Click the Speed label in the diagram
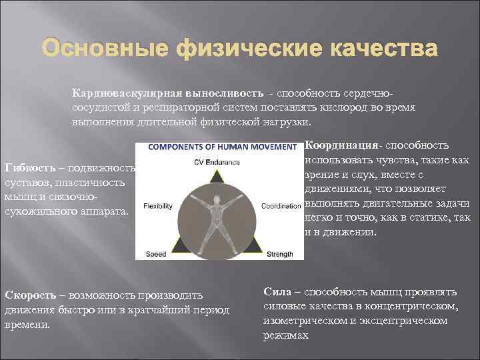155,254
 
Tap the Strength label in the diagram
279,254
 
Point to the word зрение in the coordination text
323,175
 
